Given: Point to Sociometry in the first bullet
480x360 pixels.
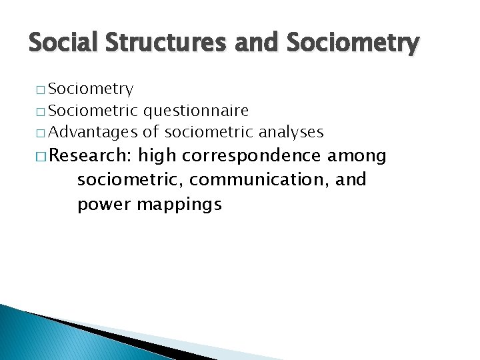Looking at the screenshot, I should (91, 89).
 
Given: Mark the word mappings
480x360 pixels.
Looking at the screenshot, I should (179, 205).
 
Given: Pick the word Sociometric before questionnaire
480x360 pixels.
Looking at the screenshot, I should (93, 110).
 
